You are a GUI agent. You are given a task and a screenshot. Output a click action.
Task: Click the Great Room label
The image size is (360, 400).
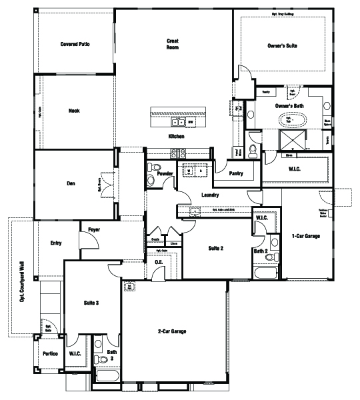point(173,45)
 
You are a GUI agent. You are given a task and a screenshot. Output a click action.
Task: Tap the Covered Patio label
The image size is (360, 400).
point(75,45)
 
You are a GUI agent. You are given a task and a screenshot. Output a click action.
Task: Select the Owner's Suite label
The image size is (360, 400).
point(282,46)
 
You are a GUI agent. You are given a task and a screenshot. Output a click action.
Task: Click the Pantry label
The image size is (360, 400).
point(235,174)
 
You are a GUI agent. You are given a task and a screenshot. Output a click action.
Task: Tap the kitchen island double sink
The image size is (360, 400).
point(178,123)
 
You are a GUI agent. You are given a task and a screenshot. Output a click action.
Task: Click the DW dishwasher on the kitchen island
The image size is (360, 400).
point(190,123)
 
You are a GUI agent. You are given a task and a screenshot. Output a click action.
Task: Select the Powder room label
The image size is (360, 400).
point(165,173)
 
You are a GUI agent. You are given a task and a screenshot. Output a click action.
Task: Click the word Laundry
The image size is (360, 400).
point(210,195)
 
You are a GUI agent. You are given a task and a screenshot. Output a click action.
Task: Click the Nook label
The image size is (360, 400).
point(74,111)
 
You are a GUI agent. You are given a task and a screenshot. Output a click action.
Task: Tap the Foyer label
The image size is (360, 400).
point(94,229)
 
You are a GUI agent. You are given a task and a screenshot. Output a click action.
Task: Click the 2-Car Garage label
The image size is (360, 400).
point(171,331)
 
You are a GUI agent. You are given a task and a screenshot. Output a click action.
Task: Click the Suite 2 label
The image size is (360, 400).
point(215,248)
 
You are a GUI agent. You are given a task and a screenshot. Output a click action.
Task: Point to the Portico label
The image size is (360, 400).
point(50,353)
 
